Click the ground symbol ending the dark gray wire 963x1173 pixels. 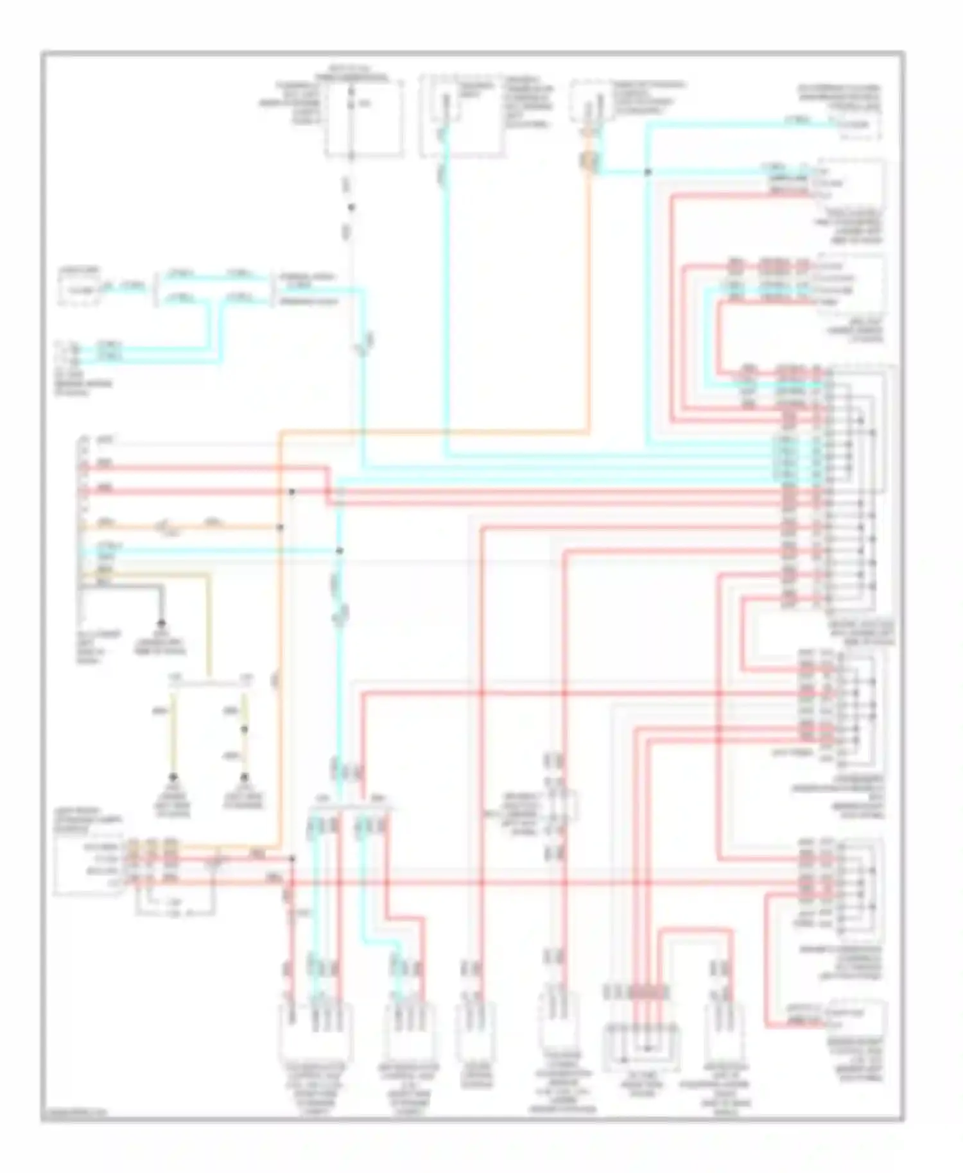point(161,622)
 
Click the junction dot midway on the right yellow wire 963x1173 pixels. point(244,730)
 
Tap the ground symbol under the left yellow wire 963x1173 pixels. point(173,776)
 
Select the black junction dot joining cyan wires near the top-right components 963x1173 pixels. point(647,172)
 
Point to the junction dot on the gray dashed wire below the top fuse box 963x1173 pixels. point(351,207)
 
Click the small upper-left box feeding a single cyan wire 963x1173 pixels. point(78,290)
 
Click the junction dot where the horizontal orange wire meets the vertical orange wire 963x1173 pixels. point(280,527)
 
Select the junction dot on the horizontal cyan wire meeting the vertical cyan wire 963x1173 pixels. point(340,551)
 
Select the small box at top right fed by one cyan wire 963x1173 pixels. point(857,125)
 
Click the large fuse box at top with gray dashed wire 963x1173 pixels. point(365,119)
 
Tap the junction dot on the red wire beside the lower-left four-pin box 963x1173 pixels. point(292,858)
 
